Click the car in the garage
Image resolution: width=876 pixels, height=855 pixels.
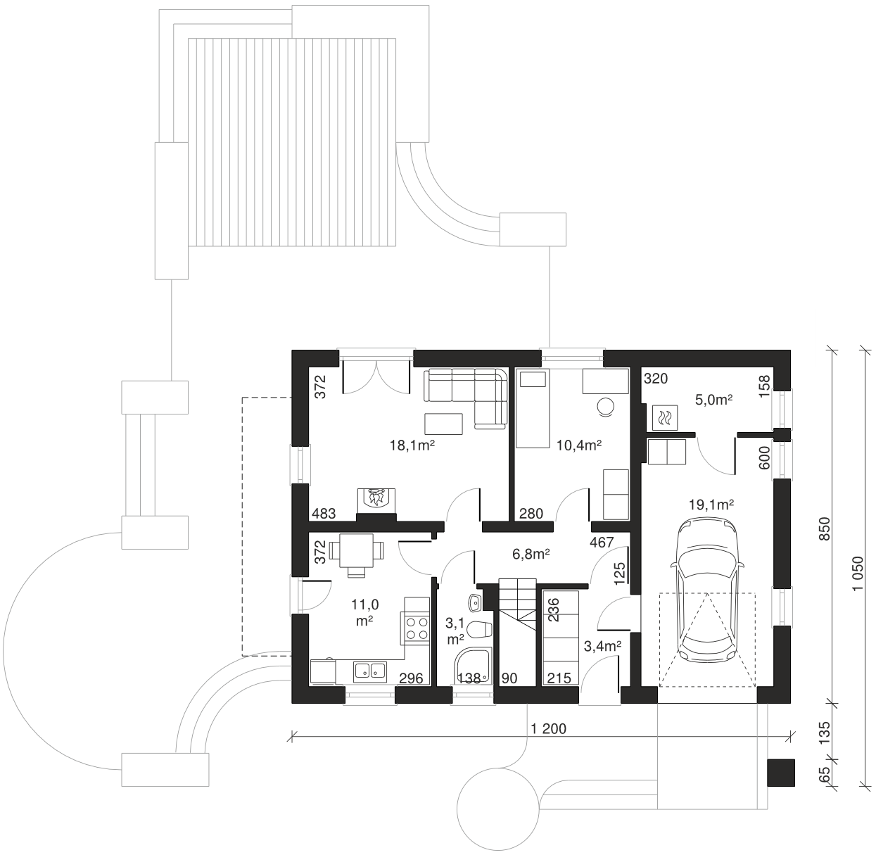tap(706, 590)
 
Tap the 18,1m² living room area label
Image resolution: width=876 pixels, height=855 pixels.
tap(412, 445)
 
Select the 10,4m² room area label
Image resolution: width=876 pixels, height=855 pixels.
tap(579, 445)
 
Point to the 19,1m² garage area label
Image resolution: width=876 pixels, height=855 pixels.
tap(711, 505)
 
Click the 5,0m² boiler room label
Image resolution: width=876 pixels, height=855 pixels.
tap(713, 400)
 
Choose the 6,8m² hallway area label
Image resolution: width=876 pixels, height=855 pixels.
tap(531, 555)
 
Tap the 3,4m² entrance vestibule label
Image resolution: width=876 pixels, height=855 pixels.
tap(602, 647)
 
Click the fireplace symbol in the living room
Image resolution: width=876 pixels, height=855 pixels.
tap(376, 500)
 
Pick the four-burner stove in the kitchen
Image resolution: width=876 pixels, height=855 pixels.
tap(417, 628)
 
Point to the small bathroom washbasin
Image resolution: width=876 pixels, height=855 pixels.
tap(476, 602)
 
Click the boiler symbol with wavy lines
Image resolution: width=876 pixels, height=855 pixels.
tap(665, 418)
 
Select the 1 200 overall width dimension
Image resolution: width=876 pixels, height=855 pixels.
tap(548, 728)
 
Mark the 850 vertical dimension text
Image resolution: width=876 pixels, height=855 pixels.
tap(825, 529)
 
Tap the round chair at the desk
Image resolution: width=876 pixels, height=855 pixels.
tap(605, 407)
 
